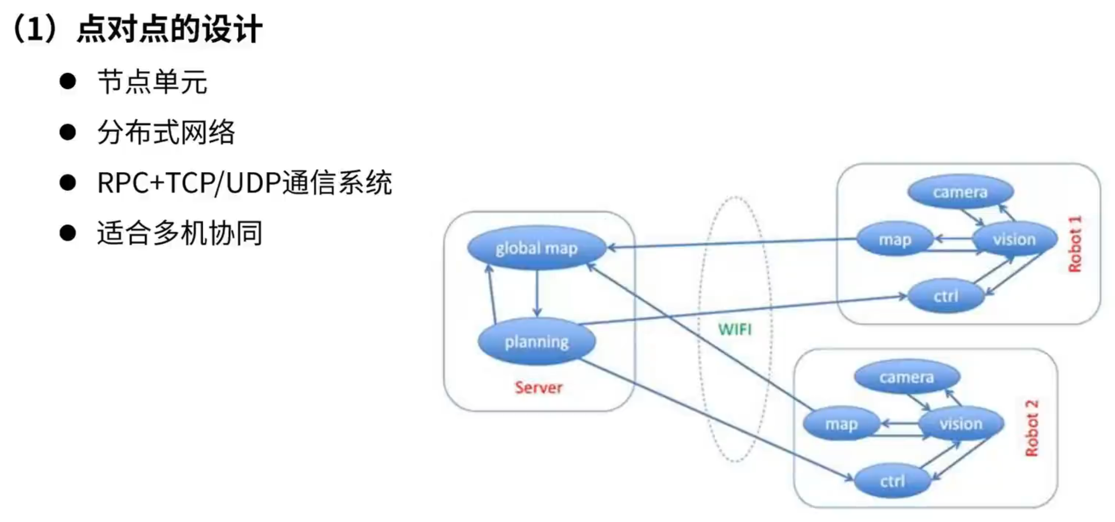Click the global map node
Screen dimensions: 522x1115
click(536, 248)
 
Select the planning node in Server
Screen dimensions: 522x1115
click(536, 342)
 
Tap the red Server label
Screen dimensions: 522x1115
click(538, 387)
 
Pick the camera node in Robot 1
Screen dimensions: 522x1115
click(960, 192)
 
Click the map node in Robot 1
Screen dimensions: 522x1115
click(895, 239)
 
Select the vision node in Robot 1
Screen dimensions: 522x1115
click(1014, 239)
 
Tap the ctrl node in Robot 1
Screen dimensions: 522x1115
click(946, 296)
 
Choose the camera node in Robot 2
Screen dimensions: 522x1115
click(907, 377)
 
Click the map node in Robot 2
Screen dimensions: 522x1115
click(841, 424)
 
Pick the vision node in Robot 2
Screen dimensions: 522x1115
click(961, 424)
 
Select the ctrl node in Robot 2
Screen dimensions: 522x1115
click(893, 481)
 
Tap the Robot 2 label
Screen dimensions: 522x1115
click(1032, 428)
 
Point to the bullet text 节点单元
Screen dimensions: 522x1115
click(152, 82)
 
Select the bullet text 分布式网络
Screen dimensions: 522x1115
click(166, 132)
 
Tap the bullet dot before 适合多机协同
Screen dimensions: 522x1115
click(68, 233)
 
